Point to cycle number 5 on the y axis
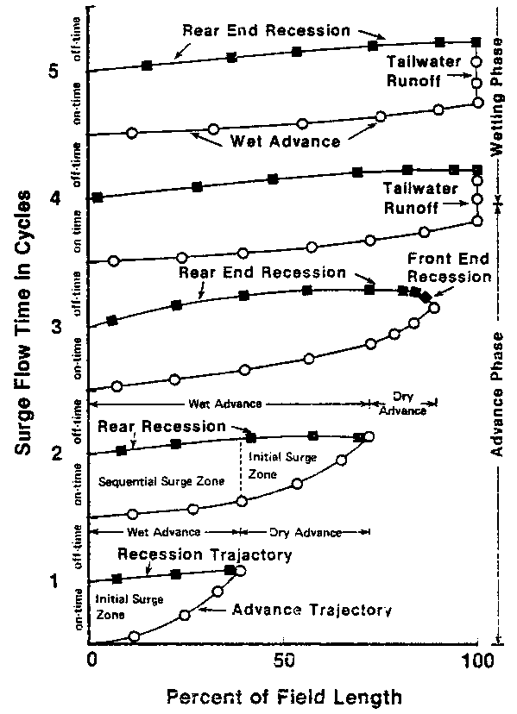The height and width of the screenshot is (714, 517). tap(54, 72)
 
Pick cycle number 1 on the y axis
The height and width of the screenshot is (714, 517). tap(54, 580)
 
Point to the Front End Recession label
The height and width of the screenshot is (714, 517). tap(450, 269)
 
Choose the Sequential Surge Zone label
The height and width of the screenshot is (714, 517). tap(161, 480)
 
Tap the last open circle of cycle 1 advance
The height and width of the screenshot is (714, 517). tap(240, 571)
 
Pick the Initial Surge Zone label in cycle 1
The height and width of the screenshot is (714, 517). tap(121, 607)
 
